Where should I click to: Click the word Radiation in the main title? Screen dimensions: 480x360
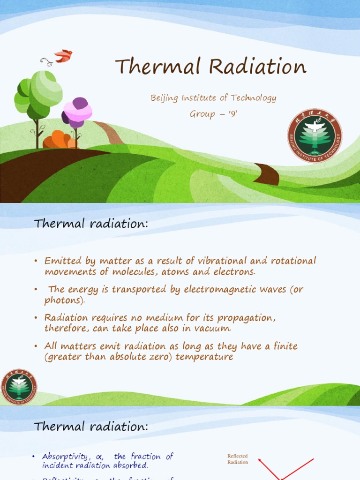(257, 67)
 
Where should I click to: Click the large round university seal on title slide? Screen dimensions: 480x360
(315, 135)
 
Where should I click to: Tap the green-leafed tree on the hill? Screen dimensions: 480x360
(38, 94)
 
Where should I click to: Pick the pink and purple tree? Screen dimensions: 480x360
(77, 113)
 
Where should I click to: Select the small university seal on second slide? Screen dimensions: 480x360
(18, 387)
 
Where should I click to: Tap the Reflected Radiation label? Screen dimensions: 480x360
(238, 459)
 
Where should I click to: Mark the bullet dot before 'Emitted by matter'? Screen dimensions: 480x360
(36, 261)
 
